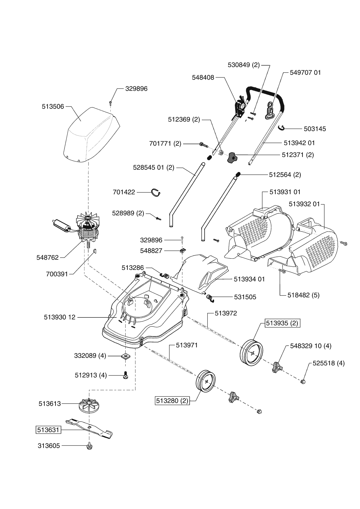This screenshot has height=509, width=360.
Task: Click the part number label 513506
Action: pyautogui.click(x=53, y=107)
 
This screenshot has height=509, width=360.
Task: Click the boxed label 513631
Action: pyautogui.click(x=48, y=430)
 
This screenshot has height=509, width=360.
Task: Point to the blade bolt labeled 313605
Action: pyautogui.click(x=89, y=446)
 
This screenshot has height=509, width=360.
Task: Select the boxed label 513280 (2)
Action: pyautogui.click(x=172, y=401)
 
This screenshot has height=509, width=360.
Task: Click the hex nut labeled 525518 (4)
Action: pyautogui.click(x=303, y=381)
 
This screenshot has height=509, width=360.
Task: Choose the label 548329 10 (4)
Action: pyautogui.click(x=311, y=346)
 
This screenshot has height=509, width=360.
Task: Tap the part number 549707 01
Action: pyautogui.click(x=305, y=73)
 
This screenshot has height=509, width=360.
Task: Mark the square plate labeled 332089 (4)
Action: pyautogui.click(x=125, y=356)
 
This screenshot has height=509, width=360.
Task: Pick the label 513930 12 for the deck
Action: pyautogui.click(x=60, y=317)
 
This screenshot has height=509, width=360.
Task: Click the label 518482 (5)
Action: pyautogui.click(x=303, y=295)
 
